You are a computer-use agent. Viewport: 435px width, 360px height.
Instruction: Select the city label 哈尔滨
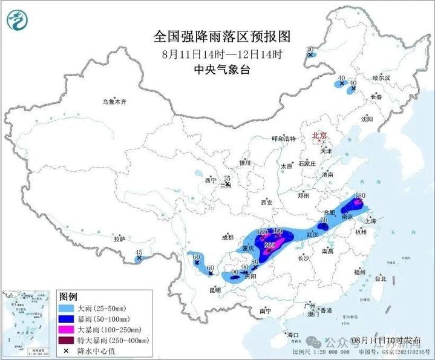pos(382,78)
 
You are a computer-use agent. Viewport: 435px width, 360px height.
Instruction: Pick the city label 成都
pos(227,237)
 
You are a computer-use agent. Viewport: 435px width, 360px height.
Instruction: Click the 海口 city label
pos(293,335)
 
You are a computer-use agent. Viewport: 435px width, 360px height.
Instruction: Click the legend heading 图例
pos(68,297)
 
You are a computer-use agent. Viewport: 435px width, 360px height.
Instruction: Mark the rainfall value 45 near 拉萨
pos(139,252)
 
